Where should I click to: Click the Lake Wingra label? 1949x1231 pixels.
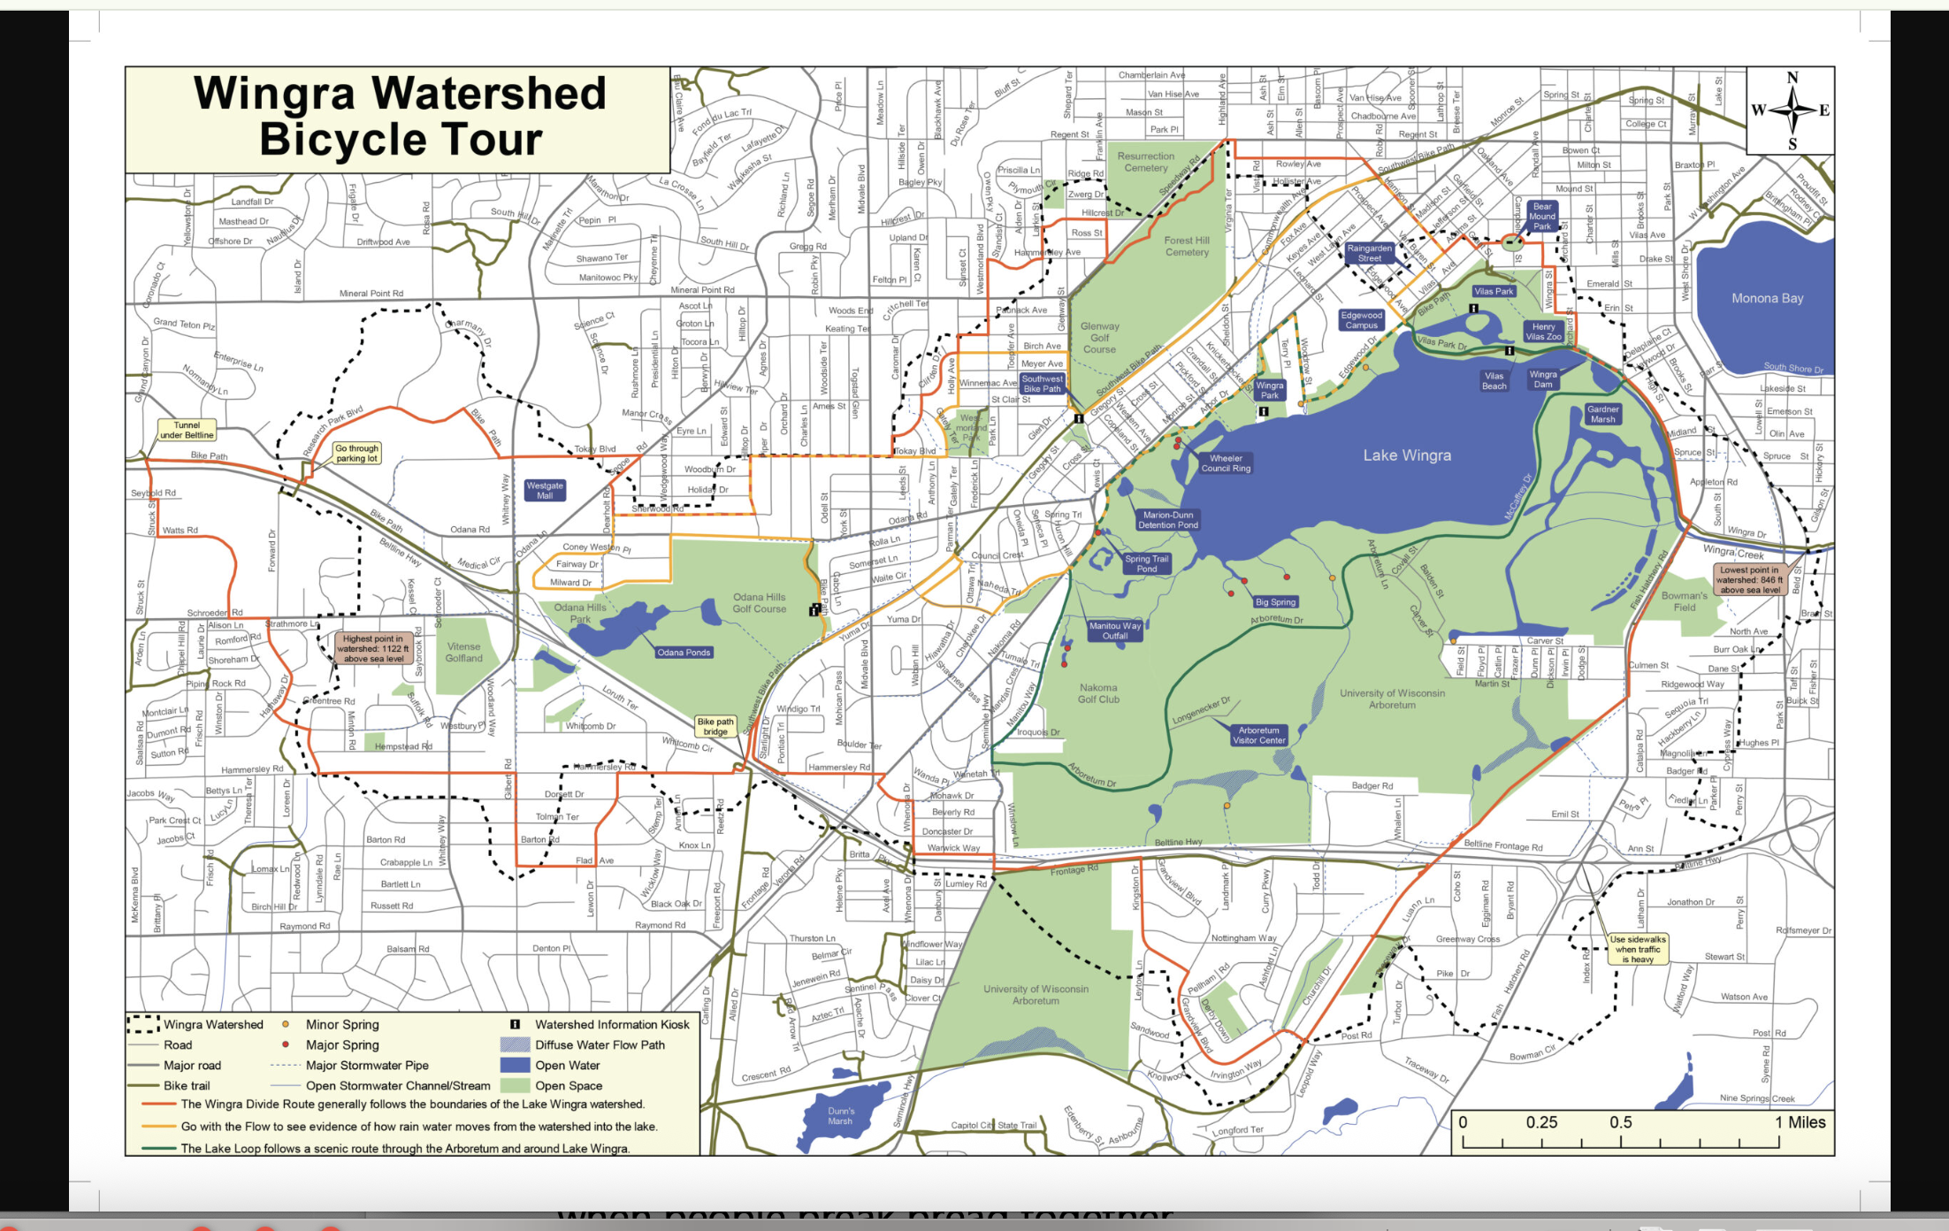[1406, 455]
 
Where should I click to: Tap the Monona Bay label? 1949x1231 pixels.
[1767, 298]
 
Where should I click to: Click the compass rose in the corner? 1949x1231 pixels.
[1792, 111]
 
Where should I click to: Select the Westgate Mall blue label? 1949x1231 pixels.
[545, 491]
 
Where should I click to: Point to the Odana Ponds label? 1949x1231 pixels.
[684, 653]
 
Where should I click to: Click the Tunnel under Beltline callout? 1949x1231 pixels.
[187, 431]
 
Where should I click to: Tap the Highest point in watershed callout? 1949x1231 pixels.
[373, 648]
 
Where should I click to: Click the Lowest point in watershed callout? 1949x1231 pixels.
[1749, 580]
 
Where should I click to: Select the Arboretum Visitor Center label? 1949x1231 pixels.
[1258, 736]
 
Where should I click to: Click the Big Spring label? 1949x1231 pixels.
[1275, 602]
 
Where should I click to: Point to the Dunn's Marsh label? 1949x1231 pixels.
[841, 1116]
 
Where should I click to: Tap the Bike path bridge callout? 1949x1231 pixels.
[715, 727]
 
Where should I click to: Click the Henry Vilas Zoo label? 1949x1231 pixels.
[1543, 332]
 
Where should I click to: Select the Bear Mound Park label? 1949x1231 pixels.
[1541, 216]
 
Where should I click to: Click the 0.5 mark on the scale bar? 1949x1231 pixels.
[1620, 1122]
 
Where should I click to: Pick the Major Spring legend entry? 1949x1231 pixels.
[341, 1044]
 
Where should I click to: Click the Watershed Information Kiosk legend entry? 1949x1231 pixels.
[611, 1024]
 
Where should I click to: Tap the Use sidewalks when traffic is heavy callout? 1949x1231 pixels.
[1638, 949]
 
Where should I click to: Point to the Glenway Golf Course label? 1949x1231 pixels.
[1099, 338]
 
